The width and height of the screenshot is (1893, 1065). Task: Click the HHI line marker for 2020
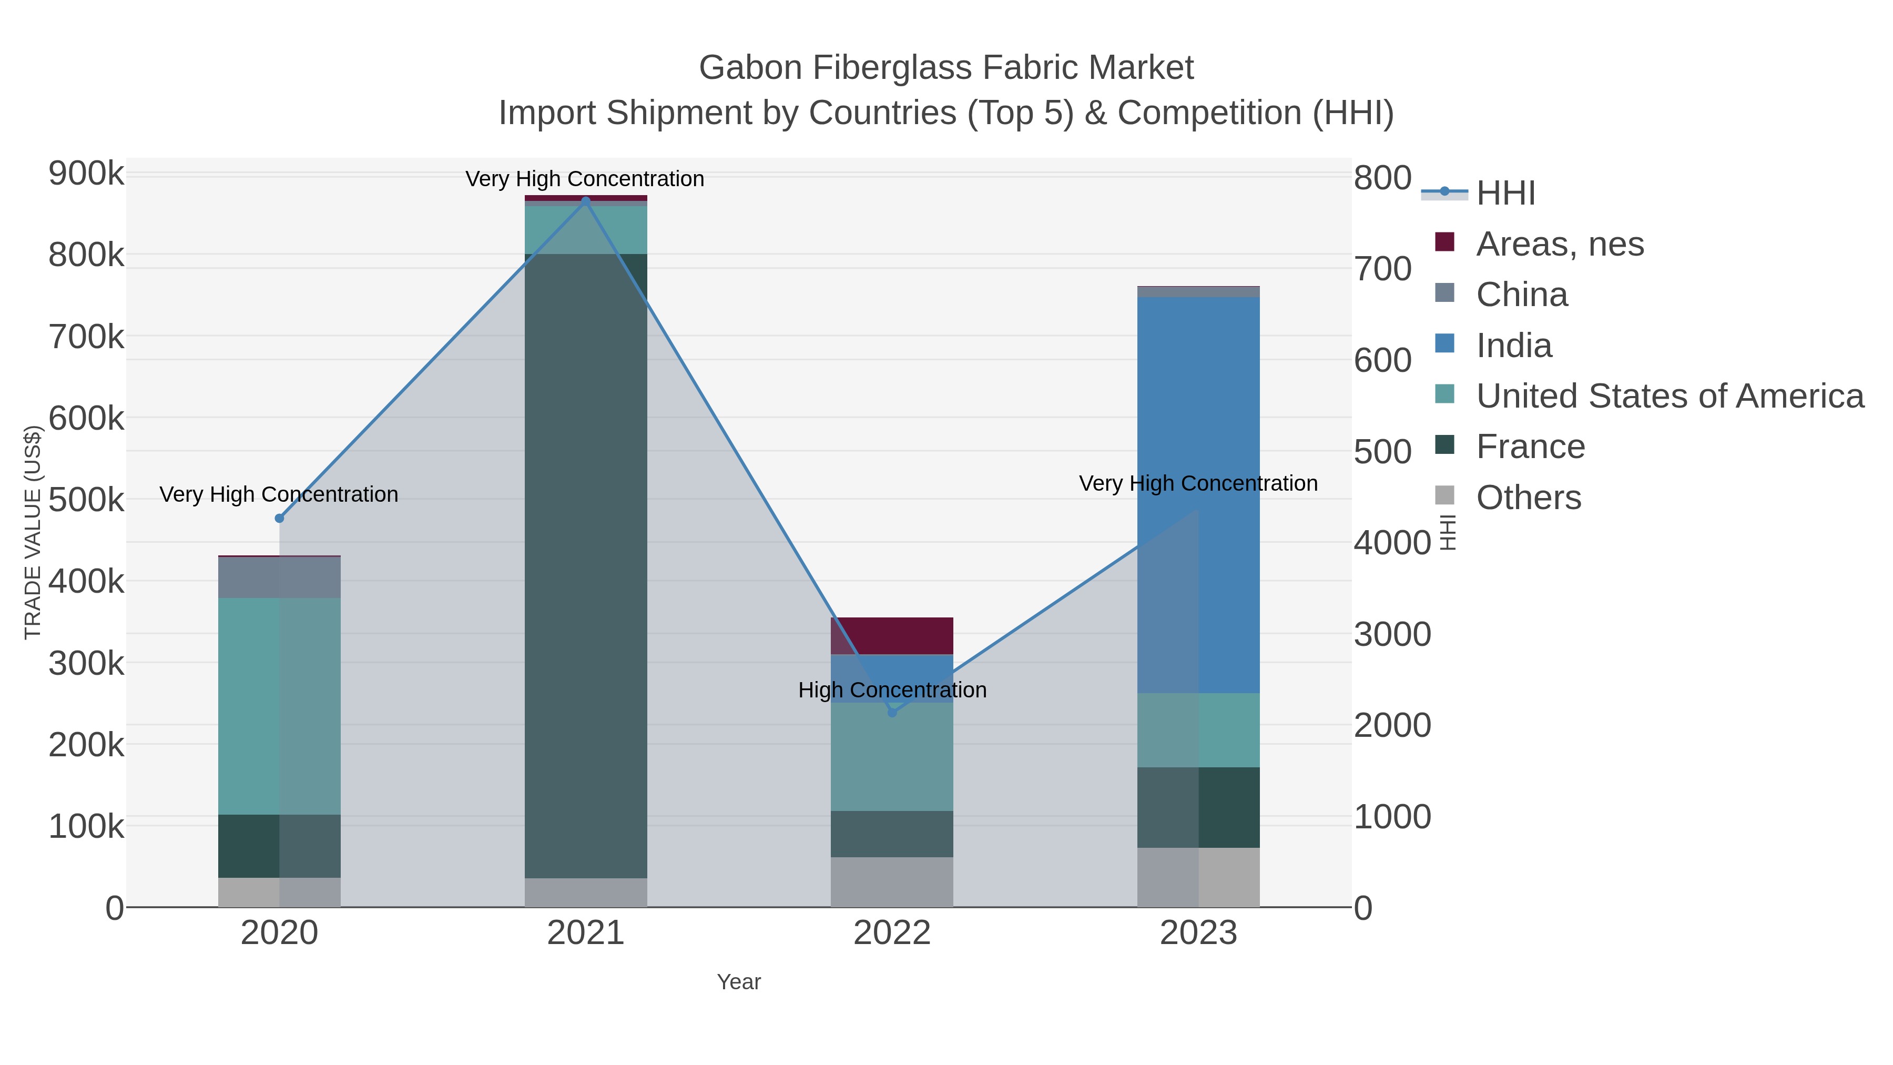[279, 518]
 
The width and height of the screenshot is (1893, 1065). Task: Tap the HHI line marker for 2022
[892, 712]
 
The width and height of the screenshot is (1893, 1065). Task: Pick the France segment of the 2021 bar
[586, 566]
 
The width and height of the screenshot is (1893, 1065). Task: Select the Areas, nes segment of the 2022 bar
[892, 636]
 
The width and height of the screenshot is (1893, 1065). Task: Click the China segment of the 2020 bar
[279, 577]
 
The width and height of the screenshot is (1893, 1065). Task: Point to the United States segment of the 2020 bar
[279, 706]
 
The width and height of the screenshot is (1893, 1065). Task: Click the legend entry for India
[1514, 346]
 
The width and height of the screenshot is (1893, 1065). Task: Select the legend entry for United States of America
[1670, 396]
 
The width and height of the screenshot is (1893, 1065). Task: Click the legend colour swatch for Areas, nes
[1444, 242]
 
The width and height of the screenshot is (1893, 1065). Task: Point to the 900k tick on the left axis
[86, 174]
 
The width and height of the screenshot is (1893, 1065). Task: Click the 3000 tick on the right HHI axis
[1392, 634]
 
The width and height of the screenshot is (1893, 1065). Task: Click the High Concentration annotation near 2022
[892, 690]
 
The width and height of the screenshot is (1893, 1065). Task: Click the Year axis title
[739, 982]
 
